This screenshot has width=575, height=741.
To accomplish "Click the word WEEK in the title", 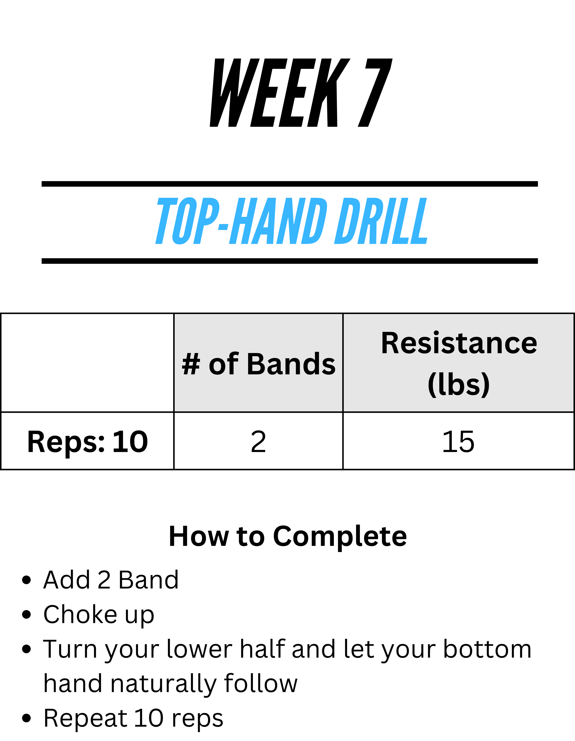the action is coord(280,93).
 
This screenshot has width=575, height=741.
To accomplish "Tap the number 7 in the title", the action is coord(375,93).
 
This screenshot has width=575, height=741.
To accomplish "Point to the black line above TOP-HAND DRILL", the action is coord(290,184).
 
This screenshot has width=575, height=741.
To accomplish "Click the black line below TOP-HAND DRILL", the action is coord(290,261).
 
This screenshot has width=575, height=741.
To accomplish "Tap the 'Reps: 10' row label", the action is coord(87,441).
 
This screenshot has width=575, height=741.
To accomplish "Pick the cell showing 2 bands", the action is coord(258,441).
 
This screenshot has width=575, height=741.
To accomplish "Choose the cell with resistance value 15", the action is coord(459,441).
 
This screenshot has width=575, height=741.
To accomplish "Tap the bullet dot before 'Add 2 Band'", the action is coord(26,580).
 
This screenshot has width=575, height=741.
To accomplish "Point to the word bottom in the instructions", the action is coord(487,649).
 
